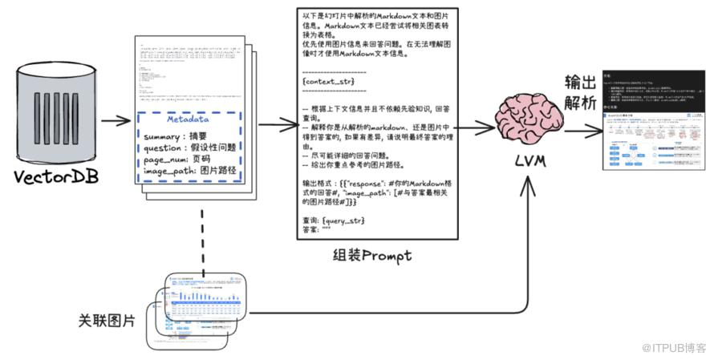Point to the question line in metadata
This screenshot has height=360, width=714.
(x=191, y=148)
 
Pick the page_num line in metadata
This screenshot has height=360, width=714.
(x=176, y=159)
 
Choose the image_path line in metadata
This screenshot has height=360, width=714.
(x=189, y=171)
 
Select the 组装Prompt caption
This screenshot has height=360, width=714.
(x=371, y=256)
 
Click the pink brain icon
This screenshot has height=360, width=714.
(x=530, y=119)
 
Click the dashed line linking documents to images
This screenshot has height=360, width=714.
(x=202, y=236)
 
